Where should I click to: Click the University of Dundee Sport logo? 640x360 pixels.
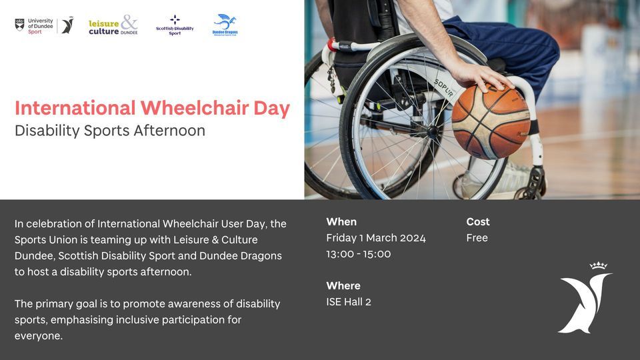(x=44, y=25)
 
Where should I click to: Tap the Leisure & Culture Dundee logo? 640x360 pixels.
(x=113, y=25)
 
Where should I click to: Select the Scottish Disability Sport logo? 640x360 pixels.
(x=175, y=25)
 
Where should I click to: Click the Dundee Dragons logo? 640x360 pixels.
(x=225, y=25)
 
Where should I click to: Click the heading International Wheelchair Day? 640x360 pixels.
(x=152, y=108)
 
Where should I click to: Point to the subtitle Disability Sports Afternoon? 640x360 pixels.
(x=110, y=131)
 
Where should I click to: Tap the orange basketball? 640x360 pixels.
(x=491, y=121)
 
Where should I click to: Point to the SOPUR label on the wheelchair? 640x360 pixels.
(x=445, y=88)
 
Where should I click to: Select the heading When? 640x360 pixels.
(x=341, y=222)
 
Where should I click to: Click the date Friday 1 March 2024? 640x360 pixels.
(x=376, y=238)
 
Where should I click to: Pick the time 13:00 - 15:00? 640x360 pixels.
(x=359, y=254)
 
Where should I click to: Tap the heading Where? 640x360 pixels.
(x=343, y=286)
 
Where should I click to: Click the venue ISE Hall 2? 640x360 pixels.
(x=349, y=302)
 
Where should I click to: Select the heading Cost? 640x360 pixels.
(x=478, y=222)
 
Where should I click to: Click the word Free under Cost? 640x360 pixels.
(x=477, y=238)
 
